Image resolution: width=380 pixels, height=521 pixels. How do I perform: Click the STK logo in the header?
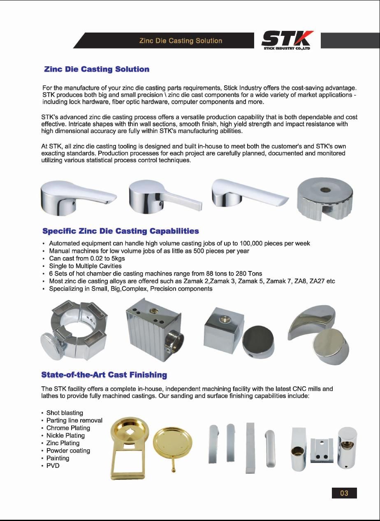click(x=287, y=40)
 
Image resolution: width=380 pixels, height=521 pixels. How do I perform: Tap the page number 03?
click(x=344, y=493)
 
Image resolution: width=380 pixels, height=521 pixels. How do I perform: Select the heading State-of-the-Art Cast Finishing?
click(x=104, y=375)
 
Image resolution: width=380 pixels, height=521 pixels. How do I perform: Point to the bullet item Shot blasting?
click(x=65, y=413)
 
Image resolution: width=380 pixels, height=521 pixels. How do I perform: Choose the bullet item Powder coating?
click(x=68, y=451)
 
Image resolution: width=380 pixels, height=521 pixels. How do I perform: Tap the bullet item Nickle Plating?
click(x=65, y=435)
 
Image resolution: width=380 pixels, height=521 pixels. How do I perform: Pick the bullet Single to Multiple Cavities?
click(x=85, y=266)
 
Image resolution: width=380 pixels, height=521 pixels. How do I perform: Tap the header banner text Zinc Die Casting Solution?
click(x=181, y=41)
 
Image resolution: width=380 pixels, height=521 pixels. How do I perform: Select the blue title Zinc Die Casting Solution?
click(x=97, y=69)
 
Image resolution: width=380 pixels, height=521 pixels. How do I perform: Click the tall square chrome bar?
click(x=250, y=449)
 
